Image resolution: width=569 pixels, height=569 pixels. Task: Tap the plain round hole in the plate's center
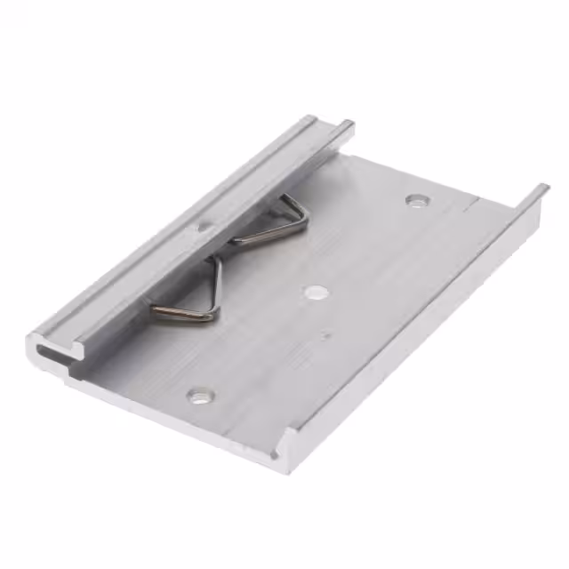tap(314, 291)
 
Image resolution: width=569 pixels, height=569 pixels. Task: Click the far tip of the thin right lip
tap(541, 189)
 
